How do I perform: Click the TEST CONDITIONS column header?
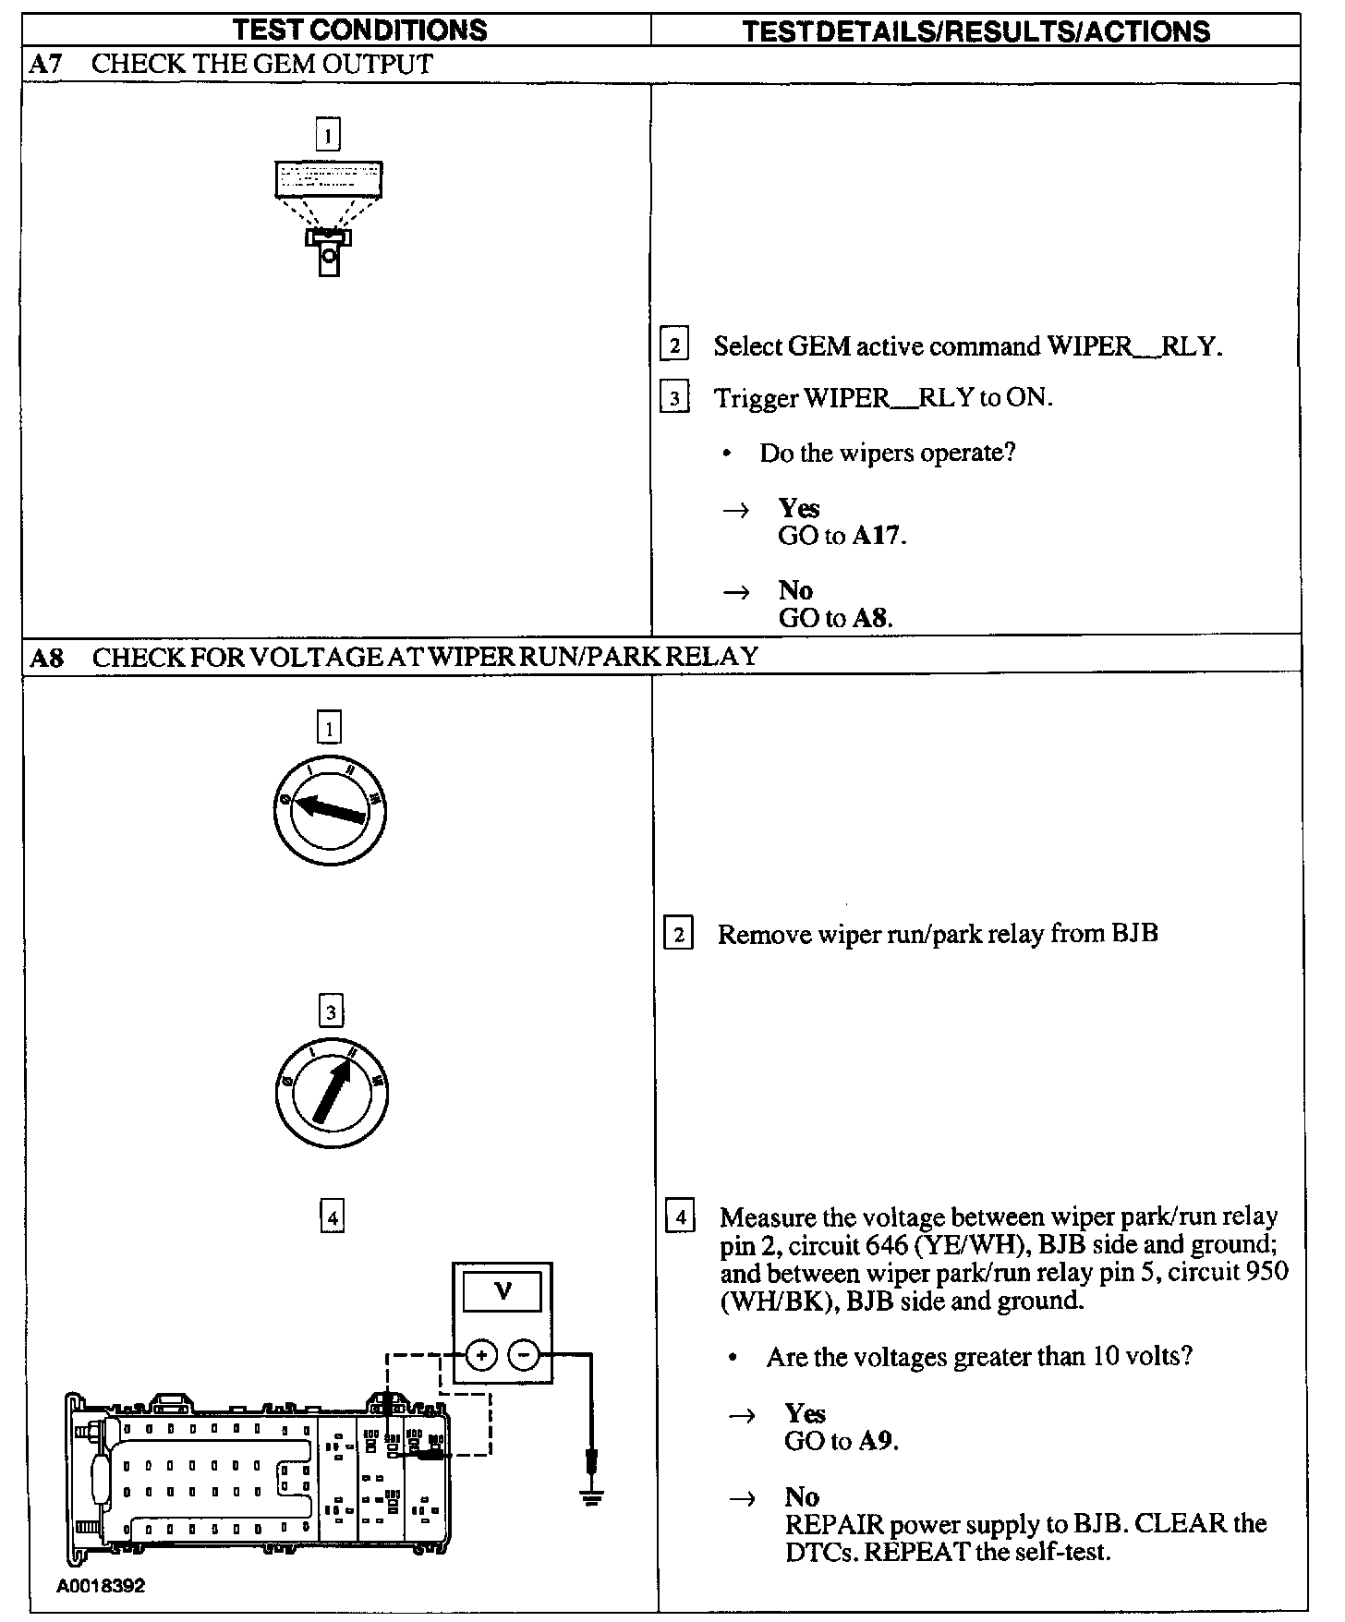coord(359,30)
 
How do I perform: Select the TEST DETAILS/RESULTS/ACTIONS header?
coord(975,31)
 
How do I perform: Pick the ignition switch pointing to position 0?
coord(329,811)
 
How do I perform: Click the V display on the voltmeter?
coord(503,1290)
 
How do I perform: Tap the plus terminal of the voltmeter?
coord(481,1355)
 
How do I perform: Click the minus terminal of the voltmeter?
coord(524,1355)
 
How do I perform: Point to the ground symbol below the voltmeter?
coord(592,1490)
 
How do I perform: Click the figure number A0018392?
coord(101,1586)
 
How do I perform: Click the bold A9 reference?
coord(877,1441)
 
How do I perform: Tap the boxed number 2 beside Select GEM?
coord(674,346)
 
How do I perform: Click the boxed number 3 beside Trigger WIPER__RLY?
coord(674,398)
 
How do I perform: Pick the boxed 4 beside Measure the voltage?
coord(680,1217)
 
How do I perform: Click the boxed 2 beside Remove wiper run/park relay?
coord(678,935)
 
